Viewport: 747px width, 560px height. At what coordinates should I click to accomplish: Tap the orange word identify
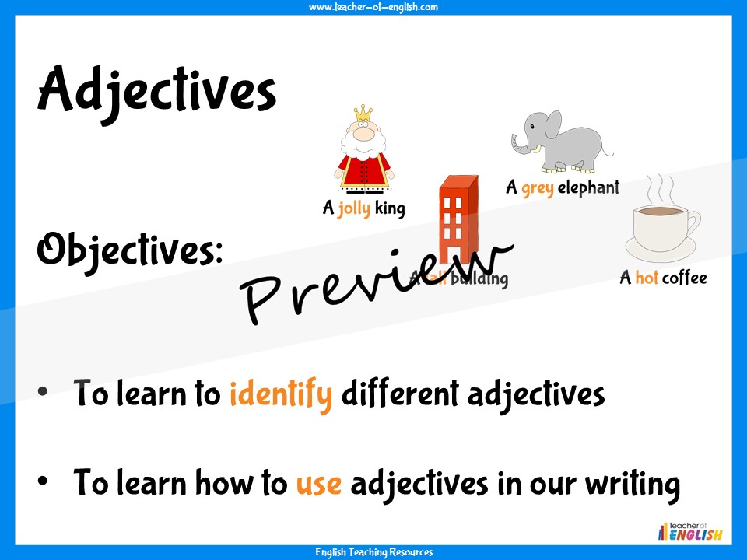click(x=281, y=394)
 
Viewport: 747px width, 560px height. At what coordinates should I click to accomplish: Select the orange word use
click(x=318, y=484)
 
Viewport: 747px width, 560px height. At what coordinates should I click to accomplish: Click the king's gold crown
click(x=363, y=114)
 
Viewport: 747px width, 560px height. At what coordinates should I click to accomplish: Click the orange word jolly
click(x=354, y=208)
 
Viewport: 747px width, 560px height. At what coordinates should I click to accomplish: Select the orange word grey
click(x=538, y=187)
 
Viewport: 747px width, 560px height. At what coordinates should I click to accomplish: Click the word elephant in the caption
click(x=588, y=187)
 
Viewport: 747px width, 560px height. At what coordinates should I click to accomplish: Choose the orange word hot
click(x=647, y=278)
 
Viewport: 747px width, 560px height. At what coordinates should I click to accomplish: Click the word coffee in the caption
click(x=685, y=278)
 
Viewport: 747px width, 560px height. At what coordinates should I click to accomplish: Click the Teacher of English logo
click(x=691, y=530)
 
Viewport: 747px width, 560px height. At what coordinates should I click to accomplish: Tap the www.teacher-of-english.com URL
click(x=373, y=7)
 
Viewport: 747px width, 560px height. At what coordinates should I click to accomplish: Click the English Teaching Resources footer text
click(x=373, y=552)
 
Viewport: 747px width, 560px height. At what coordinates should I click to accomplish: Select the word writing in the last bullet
click(x=631, y=484)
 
